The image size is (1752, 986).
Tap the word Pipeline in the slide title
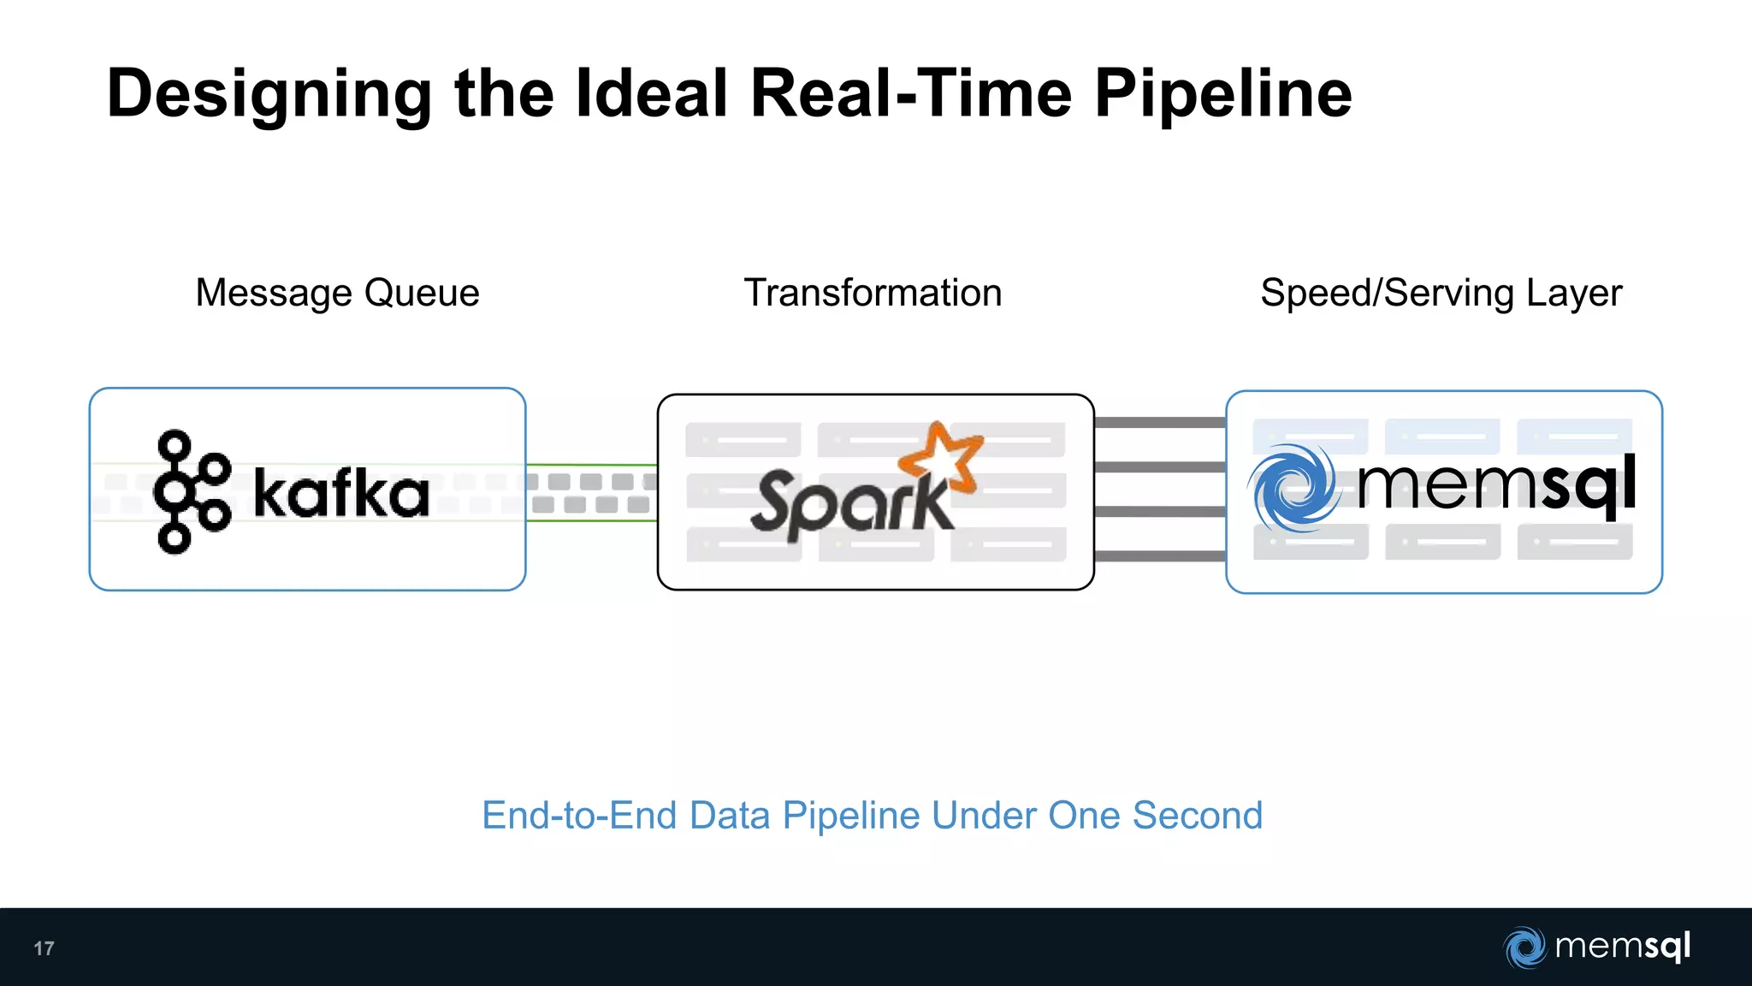[x=1222, y=94]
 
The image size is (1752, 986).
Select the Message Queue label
[x=337, y=294]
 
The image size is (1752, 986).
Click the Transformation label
[x=873, y=294]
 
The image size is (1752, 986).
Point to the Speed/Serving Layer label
[x=1441, y=294]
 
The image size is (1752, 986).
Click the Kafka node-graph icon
[x=191, y=492]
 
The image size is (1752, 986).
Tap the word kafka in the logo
[x=340, y=494]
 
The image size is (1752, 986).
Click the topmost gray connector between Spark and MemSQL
[x=1159, y=422]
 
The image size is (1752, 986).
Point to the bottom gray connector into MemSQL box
[x=1159, y=556]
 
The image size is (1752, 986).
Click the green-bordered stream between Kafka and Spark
[x=591, y=493]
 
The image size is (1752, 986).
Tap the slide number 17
[x=44, y=948]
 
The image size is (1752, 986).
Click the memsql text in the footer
[x=1622, y=947]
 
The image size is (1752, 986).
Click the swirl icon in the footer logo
[x=1524, y=947]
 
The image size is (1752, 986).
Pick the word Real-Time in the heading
[x=910, y=94]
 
